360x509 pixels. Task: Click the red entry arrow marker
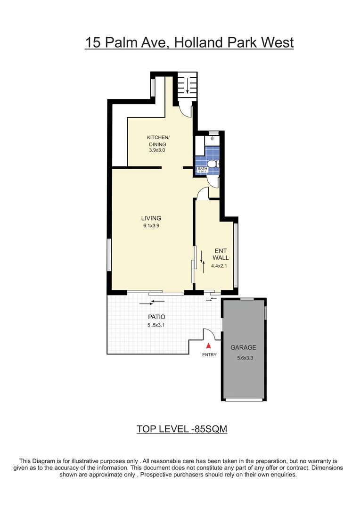coord(209,346)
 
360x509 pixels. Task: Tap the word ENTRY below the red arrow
coord(209,355)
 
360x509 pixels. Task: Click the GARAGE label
coord(243,347)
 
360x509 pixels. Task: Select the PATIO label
coord(156,317)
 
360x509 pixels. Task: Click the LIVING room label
coord(151,218)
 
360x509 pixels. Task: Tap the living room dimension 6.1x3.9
coord(151,226)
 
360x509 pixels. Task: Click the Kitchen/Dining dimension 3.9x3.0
coord(158,150)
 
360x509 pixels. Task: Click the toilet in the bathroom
coord(213,164)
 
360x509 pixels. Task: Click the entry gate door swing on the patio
coord(209,334)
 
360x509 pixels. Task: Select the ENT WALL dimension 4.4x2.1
coord(220,266)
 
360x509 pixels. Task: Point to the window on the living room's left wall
coord(109,255)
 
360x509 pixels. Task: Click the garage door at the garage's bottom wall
coord(244,400)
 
